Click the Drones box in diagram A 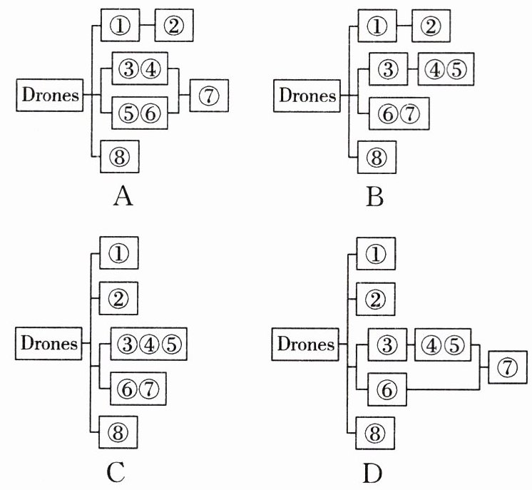(50, 95)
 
